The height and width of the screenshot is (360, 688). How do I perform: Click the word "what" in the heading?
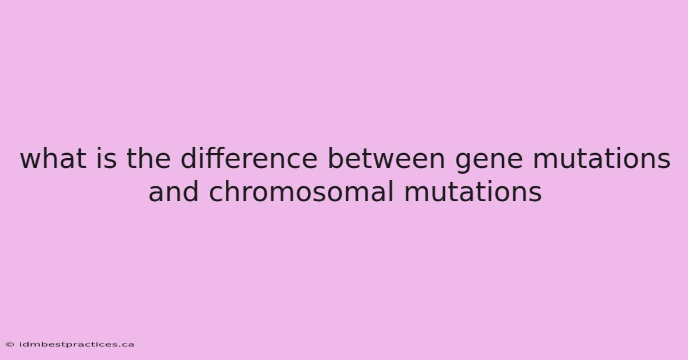53,158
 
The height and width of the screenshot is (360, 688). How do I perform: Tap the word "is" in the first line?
107,158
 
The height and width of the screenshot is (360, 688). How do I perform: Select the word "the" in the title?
148,158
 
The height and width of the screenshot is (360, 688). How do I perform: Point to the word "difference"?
249,158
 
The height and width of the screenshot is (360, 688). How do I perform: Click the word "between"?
386,158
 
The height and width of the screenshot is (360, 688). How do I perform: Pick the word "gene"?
488,161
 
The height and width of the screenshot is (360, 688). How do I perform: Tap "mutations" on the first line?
601,158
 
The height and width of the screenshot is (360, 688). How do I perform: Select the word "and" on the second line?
174,192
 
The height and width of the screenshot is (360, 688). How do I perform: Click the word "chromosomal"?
301,192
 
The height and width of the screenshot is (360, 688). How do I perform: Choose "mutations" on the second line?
473,192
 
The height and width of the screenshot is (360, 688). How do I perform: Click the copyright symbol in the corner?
10,345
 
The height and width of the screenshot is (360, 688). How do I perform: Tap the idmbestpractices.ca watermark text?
77,345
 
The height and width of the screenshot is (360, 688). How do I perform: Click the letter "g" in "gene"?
463,163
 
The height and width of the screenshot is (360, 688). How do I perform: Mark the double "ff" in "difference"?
218,158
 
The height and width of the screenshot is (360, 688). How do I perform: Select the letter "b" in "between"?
336,158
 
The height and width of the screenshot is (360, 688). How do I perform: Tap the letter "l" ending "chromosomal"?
391,192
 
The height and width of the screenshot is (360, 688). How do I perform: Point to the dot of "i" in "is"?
99,150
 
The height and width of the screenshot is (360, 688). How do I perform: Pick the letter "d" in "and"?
191,192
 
